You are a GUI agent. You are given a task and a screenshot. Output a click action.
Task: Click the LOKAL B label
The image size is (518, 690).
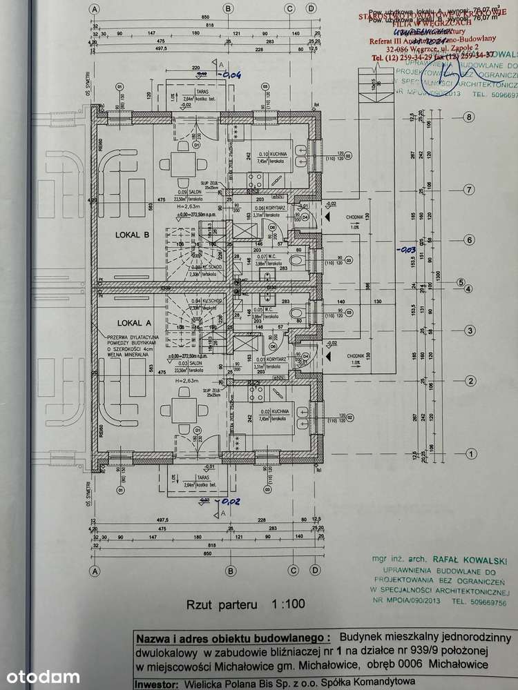pos(132,235)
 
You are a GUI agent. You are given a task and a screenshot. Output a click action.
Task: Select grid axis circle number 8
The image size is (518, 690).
pos(470,117)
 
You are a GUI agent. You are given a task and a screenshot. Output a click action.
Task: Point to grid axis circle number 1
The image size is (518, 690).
pos(470,453)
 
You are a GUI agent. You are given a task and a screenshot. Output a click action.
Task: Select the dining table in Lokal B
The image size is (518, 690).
pos(184,164)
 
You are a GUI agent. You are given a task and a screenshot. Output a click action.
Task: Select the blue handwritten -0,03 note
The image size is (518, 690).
pos(408,248)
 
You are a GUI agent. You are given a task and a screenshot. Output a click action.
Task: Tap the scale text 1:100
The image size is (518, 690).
pos(287,604)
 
